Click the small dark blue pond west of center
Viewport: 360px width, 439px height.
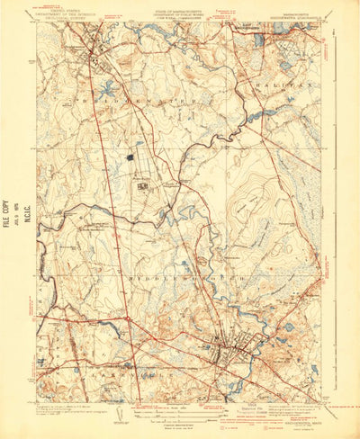pyautogui.click(x=130, y=157)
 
